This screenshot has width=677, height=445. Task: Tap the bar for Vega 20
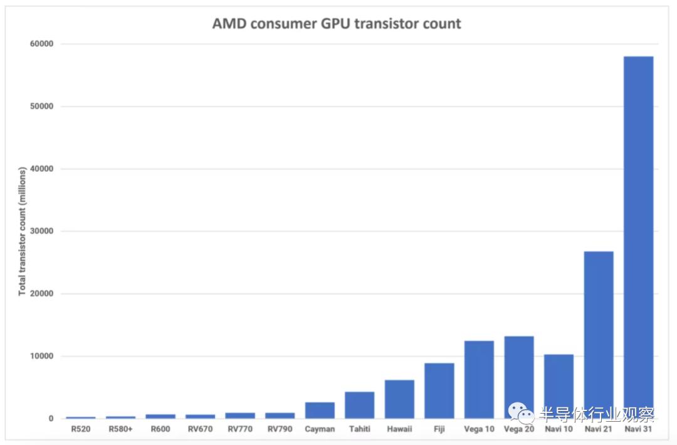click(x=519, y=377)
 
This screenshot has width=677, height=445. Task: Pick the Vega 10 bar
click(x=479, y=379)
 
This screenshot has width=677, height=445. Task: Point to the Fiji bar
click(x=439, y=390)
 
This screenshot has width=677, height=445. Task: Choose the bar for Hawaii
click(x=399, y=399)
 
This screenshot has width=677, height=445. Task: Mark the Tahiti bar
click(x=360, y=405)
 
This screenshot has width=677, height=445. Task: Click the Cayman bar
click(x=320, y=410)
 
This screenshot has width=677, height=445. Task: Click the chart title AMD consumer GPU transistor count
click(x=337, y=24)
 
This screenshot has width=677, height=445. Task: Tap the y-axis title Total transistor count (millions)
click(x=22, y=231)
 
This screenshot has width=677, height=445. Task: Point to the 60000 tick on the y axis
click(x=39, y=44)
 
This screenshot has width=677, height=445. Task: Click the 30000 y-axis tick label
click(x=39, y=231)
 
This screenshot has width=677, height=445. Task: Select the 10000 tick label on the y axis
click(x=39, y=356)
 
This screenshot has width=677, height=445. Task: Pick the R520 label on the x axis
click(x=81, y=429)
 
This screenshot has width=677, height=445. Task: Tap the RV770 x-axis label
click(x=240, y=429)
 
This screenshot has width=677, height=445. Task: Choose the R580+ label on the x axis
click(x=120, y=429)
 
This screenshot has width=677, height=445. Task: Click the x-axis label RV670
click(x=200, y=429)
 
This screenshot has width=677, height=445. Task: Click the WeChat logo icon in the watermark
click(x=520, y=412)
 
